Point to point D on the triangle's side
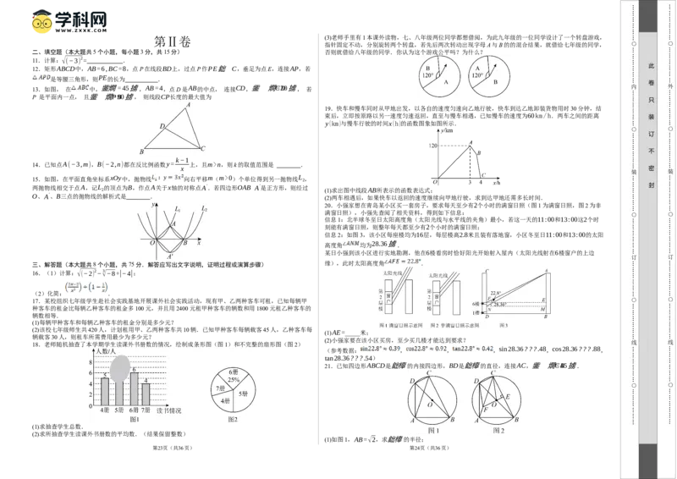pos(163,126)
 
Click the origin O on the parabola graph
pos(151,243)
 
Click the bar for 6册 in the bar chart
pos(133,389)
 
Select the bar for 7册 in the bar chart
pos(146,394)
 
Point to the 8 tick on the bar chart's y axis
pos(93,361)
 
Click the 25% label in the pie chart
pos(232,381)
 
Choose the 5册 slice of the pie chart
pos(242,394)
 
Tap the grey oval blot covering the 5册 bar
pos(120,367)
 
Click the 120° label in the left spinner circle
pos(429,75)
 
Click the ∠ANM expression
pos(351,244)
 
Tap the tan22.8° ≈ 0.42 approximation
pos(475,349)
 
